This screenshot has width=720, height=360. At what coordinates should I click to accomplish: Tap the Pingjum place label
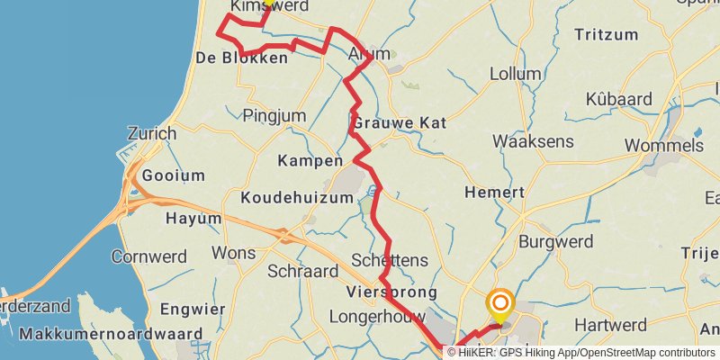click(274, 115)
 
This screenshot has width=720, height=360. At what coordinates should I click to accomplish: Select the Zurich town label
click(152, 133)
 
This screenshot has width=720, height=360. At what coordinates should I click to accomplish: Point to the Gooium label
click(175, 175)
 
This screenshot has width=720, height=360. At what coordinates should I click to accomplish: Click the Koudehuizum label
click(296, 198)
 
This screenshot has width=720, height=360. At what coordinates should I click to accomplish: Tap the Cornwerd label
click(148, 256)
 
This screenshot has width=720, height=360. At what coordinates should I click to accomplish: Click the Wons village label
click(234, 253)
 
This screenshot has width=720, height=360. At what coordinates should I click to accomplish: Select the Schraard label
click(302, 271)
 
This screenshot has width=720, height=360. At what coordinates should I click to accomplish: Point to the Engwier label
click(193, 310)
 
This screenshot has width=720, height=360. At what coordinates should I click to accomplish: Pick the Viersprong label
click(391, 292)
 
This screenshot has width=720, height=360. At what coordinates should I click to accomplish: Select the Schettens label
click(391, 260)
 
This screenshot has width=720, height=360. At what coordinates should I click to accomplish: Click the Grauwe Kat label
click(389, 121)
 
